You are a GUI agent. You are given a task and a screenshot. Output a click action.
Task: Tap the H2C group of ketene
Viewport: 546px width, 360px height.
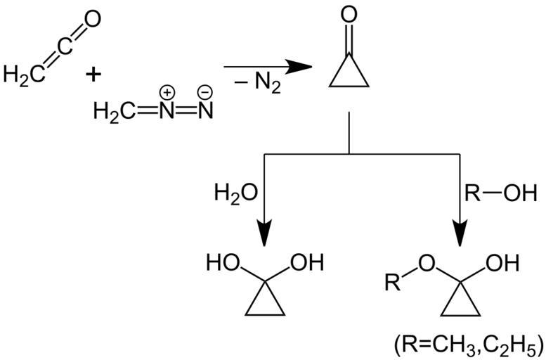point(21,73)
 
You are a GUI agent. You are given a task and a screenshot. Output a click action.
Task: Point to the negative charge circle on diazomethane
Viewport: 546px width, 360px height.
point(205,92)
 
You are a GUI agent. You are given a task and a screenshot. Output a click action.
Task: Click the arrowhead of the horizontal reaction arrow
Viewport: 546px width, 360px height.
point(299,67)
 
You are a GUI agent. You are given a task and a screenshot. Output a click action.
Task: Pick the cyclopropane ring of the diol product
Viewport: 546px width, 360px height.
point(266,302)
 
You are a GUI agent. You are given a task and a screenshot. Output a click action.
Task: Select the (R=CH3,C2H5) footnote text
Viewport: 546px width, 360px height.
point(467,345)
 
